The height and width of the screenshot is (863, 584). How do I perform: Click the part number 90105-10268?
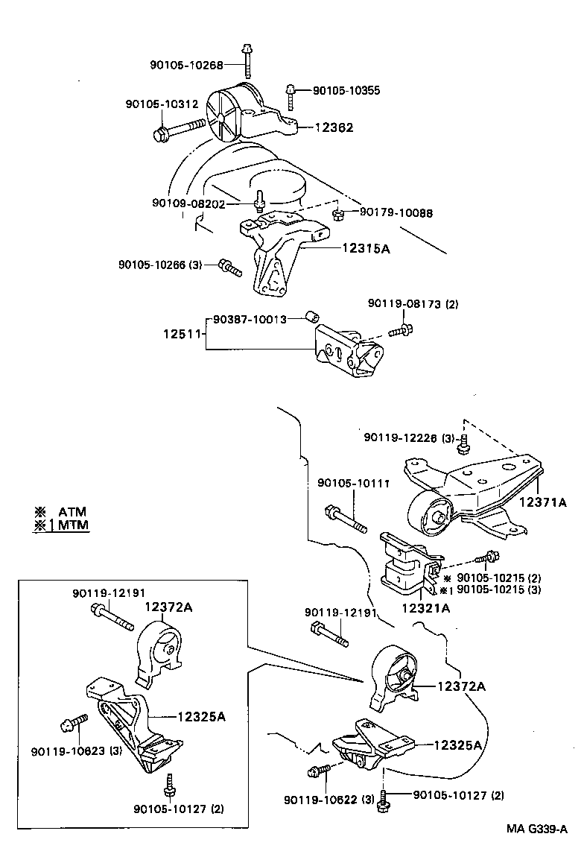(186, 65)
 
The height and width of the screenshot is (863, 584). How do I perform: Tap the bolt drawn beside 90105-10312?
(178, 130)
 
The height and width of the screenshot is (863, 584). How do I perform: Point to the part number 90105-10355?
(346, 90)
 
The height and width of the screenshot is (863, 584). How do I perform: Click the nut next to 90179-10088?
(337, 215)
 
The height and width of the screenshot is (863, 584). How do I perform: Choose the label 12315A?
(366, 248)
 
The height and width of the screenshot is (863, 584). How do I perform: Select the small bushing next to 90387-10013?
(314, 319)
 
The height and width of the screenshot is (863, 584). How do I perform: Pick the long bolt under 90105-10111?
(346, 519)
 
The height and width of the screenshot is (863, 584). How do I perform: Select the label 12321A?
(426, 608)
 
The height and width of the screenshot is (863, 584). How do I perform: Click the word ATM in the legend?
(72, 511)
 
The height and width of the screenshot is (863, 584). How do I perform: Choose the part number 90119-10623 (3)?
(77, 750)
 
